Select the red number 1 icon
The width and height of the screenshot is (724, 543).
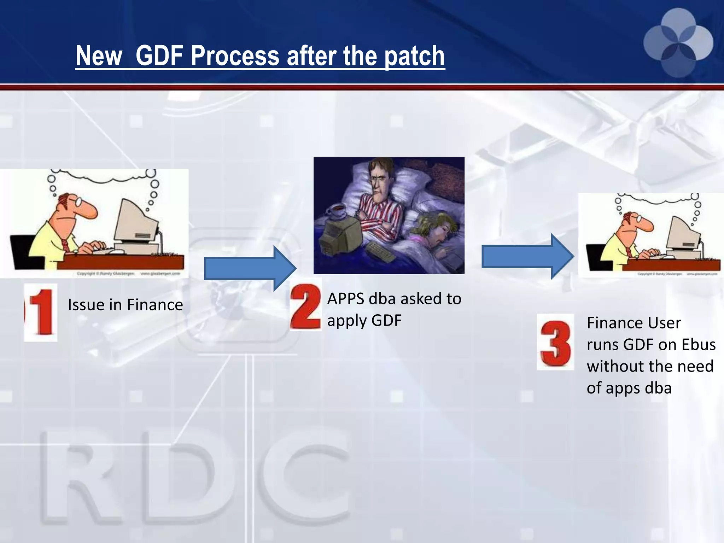[x=41, y=313]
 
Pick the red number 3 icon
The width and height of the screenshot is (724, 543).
[x=555, y=342]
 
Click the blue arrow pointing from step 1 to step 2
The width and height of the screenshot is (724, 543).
[x=250, y=269]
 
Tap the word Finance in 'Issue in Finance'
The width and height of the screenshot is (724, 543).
[x=155, y=305]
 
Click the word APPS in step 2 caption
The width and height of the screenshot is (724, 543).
[x=346, y=299]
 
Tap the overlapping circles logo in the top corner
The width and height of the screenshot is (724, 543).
[x=678, y=42]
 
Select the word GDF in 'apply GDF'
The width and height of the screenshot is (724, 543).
[x=387, y=321]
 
